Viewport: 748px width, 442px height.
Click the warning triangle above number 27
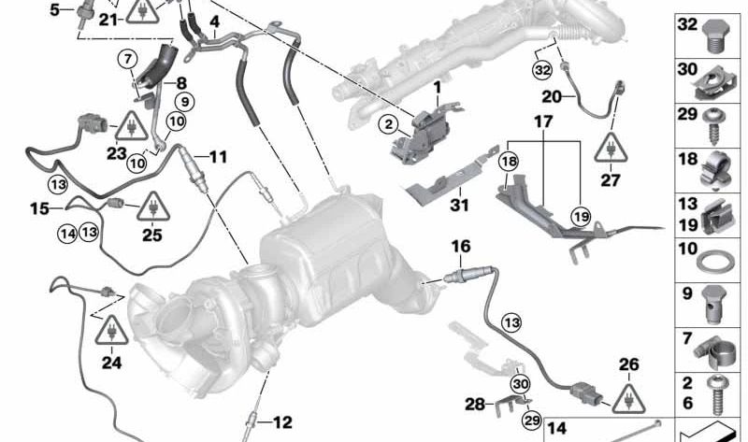[610, 148]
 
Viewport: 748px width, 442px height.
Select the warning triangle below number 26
[626, 399]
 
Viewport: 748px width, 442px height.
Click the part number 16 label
[462, 246]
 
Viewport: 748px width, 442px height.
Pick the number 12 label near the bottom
[282, 422]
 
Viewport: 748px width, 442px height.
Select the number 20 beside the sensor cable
[552, 95]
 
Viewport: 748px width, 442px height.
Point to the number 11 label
[217, 156]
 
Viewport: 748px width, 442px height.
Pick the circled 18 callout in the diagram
[507, 162]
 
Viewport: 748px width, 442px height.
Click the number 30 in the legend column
[687, 68]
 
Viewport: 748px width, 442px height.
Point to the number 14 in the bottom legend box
[556, 430]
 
